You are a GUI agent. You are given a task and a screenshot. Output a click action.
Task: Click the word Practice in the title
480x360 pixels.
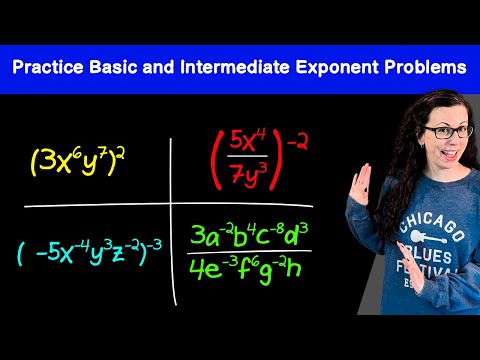48,67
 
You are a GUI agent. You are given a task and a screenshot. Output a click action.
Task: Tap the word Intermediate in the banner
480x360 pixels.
235,67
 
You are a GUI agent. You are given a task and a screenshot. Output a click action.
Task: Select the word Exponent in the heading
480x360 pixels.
337,68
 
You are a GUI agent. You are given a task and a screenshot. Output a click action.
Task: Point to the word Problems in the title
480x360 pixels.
426,67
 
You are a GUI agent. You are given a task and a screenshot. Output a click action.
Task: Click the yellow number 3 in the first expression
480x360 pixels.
48,161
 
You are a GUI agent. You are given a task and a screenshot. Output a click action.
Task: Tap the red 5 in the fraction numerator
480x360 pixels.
236,141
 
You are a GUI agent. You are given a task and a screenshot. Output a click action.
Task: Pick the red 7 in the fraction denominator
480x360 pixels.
238,174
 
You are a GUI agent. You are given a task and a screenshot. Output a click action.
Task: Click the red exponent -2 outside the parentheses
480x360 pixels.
297,144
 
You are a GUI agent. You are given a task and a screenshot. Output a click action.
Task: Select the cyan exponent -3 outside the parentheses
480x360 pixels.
154,246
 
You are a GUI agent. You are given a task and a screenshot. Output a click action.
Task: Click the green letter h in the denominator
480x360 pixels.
294,269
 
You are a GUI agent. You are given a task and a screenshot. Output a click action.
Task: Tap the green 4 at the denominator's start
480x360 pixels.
196,269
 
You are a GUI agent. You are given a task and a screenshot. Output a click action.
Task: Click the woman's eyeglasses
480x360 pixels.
448,132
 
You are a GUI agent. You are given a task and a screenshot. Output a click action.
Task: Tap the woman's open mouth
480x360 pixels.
450,154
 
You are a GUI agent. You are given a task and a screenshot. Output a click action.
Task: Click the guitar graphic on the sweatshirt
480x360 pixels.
428,237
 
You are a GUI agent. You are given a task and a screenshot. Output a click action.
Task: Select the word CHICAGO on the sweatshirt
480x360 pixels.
431,224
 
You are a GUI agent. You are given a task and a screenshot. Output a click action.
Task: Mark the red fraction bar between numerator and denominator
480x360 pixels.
247,156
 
